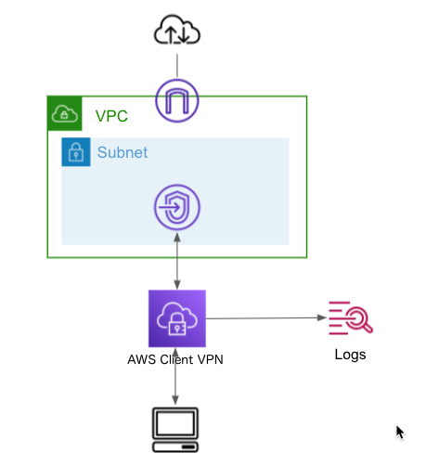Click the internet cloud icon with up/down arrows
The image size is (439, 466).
click(x=177, y=30)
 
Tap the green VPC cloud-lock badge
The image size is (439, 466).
click(x=65, y=113)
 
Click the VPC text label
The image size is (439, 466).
click(x=111, y=116)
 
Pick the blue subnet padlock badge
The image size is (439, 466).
click(x=76, y=152)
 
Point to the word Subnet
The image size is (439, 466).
click(x=123, y=152)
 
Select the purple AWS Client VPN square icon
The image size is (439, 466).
click(x=177, y=318)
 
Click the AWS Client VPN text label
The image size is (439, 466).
click(x=175, y=359)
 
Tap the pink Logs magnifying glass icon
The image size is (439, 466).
click(x=351, y=317)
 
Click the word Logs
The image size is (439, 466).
click(x=350, y=355)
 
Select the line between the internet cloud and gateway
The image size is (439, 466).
click(x=177, y=66)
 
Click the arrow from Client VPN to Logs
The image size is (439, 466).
click(x=266, y=317)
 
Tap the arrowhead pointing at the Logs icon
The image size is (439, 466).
click(x=322, y=317)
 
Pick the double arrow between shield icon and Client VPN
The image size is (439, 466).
click(x=177, y=261)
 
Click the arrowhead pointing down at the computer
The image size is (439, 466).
click(x=175, y=400)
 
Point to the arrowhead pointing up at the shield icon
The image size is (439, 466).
click(x=177, y=238)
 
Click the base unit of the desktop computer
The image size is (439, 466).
click(x=175, y=447)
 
